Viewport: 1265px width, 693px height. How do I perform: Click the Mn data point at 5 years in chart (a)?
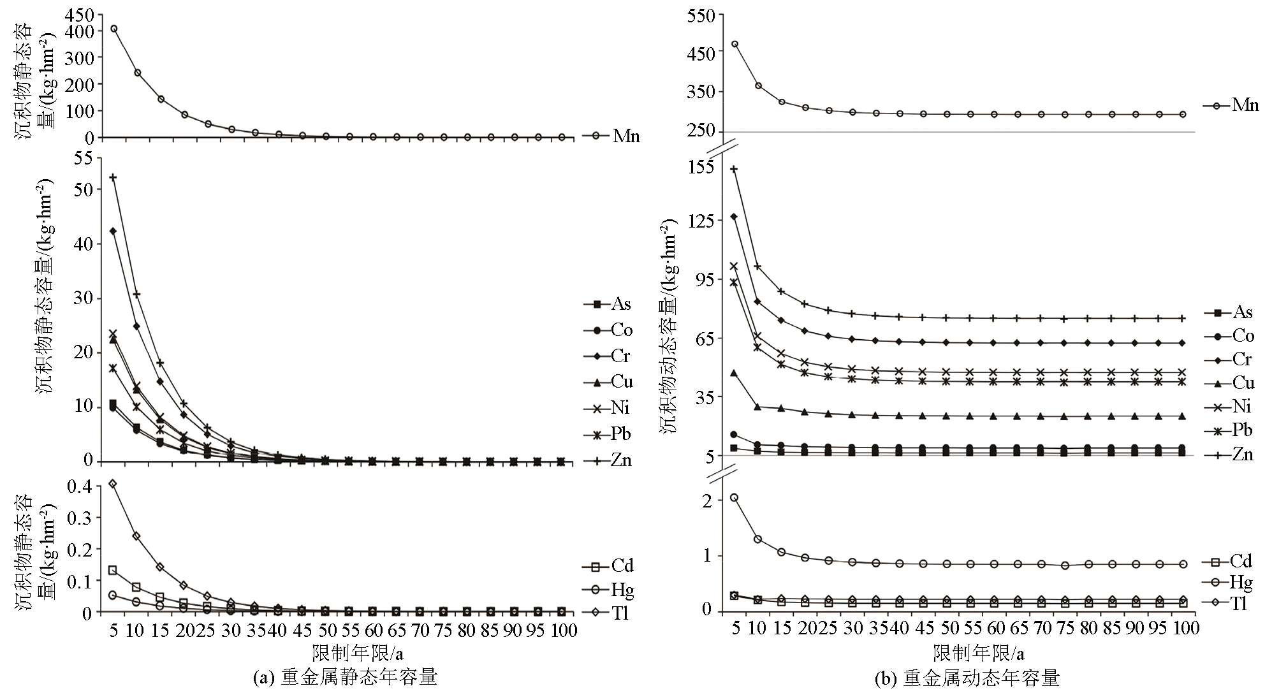[113, 29]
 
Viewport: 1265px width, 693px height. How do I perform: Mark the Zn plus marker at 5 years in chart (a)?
[113, 177]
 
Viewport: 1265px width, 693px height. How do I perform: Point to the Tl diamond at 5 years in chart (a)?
[113, 483]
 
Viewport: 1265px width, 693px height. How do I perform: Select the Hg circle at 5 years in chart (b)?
[734, 497]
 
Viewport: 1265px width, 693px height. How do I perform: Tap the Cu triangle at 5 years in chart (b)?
[734, 373]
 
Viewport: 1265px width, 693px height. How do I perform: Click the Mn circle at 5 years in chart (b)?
[735, 44]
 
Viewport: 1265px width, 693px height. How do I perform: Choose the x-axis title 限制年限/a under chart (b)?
[978, 653]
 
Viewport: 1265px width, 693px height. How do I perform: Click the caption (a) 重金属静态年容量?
[346, 677]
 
